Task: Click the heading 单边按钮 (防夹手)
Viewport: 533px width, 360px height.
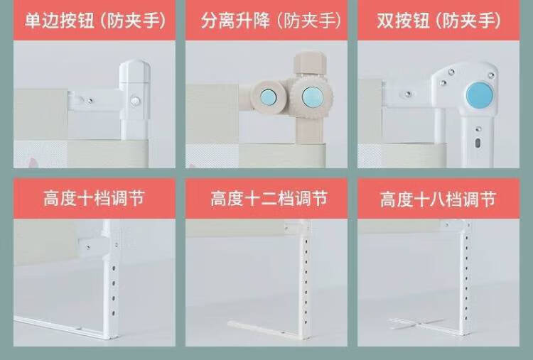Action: [x=95, y=21]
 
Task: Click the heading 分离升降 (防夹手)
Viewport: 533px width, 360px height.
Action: [x=271, y=21]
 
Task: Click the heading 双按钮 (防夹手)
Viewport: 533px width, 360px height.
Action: [x=438, y=21]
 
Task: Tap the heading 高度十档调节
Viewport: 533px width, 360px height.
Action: [x=94, y=198]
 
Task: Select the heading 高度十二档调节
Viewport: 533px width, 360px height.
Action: [x=269, y=198]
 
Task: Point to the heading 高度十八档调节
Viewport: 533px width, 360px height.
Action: [x=438, y=199]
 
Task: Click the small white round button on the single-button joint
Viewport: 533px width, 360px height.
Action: [x=135, y=101]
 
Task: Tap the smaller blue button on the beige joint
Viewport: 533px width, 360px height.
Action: [x=268, y=97]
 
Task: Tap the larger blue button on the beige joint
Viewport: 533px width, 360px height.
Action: [x=313, y=96]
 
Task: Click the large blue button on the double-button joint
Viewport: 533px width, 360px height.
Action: [x=479, y=94]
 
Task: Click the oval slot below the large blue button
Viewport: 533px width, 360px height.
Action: [x=478, y=143]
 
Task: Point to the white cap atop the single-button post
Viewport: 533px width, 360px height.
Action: [x=135, y=71]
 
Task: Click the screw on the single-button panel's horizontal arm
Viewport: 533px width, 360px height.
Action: [x=90, y=101]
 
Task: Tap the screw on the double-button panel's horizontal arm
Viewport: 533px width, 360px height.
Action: [x=408, y=94]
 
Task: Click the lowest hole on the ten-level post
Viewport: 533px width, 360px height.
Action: [x=114, y=313]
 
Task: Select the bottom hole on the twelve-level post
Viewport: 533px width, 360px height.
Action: [x=306, y=320]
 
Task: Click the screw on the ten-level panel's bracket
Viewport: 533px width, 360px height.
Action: [x=88, y=247]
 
